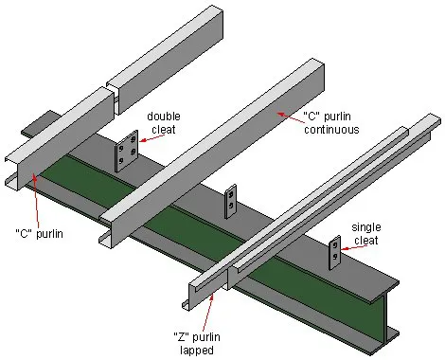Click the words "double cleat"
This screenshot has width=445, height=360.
[x=162, y=124]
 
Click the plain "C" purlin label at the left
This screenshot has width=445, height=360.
[x=39, y=233]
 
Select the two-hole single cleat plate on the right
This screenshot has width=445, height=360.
[x=335, y=251]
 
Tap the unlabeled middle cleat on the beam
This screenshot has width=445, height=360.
[x=229, y=202]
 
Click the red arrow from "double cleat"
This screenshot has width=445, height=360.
[x=141, y=143]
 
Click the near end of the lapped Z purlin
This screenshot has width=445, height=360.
[x=205, y=289]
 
